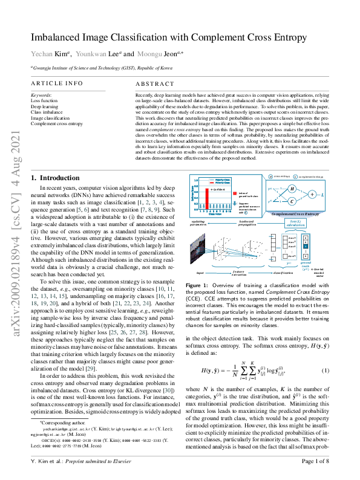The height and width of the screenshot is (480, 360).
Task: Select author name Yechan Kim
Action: coord(45,54)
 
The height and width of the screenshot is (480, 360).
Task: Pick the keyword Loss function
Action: coord(44,100)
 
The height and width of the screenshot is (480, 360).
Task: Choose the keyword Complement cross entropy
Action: coord(57,123)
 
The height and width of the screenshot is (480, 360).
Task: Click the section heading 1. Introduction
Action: coord(55,178)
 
